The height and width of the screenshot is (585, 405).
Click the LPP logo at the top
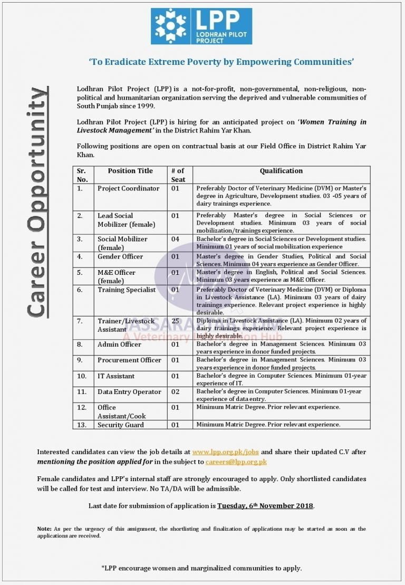(201, 26)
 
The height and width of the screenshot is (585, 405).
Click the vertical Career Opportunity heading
(37, 203)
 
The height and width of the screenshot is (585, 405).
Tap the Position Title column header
(130, 171)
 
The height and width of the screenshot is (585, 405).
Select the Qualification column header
(281, 171)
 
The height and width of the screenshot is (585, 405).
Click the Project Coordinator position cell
(128, 188)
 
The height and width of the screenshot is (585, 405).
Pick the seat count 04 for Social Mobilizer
(176, 239)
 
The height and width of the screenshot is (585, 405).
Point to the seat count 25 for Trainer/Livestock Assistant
(176, 321)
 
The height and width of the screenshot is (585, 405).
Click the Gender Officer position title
(120, 256)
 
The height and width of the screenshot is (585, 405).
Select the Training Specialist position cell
(127, 290)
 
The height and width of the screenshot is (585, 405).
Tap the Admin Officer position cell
(119, 344)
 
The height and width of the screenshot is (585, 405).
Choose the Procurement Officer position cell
(129, 360)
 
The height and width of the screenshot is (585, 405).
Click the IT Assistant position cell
(116, 376)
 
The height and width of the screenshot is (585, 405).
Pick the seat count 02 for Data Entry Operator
(176, 392)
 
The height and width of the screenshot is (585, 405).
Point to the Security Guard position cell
(121, 425)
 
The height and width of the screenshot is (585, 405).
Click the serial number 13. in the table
(82, 425)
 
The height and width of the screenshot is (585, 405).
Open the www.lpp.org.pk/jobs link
(226, 452)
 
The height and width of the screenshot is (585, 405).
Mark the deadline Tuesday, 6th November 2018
(265, 506)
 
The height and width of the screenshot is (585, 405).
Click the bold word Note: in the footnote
(44, 529)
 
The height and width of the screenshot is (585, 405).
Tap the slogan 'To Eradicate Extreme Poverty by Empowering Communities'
(221, 62)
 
